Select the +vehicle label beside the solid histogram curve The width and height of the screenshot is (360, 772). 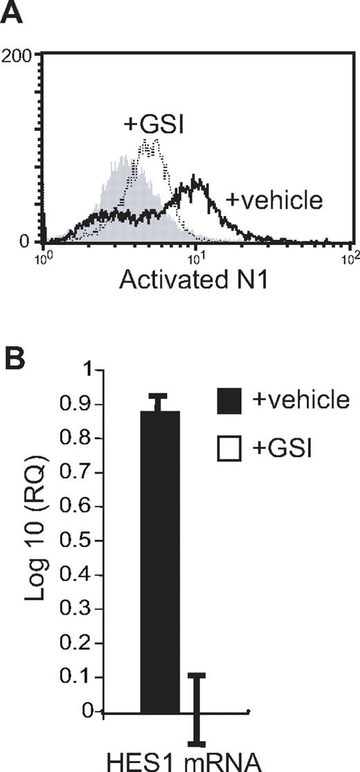275,201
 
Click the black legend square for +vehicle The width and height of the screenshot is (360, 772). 229,402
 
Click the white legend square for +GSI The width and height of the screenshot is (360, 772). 229,449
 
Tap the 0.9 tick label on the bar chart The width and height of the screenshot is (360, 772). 85,404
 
